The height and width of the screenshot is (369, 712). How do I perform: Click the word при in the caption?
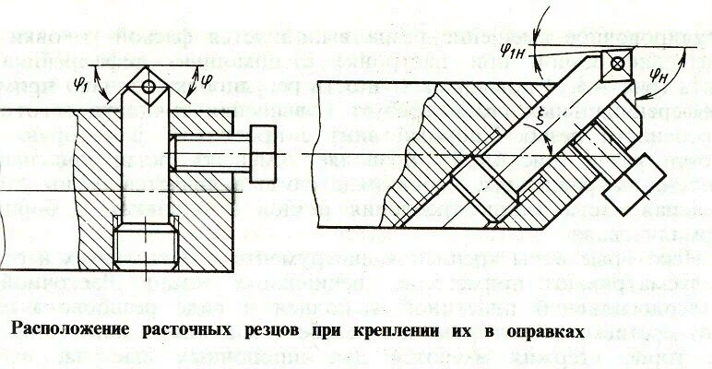coord(335,329)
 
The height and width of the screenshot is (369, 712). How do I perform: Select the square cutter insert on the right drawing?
coord(615,65)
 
